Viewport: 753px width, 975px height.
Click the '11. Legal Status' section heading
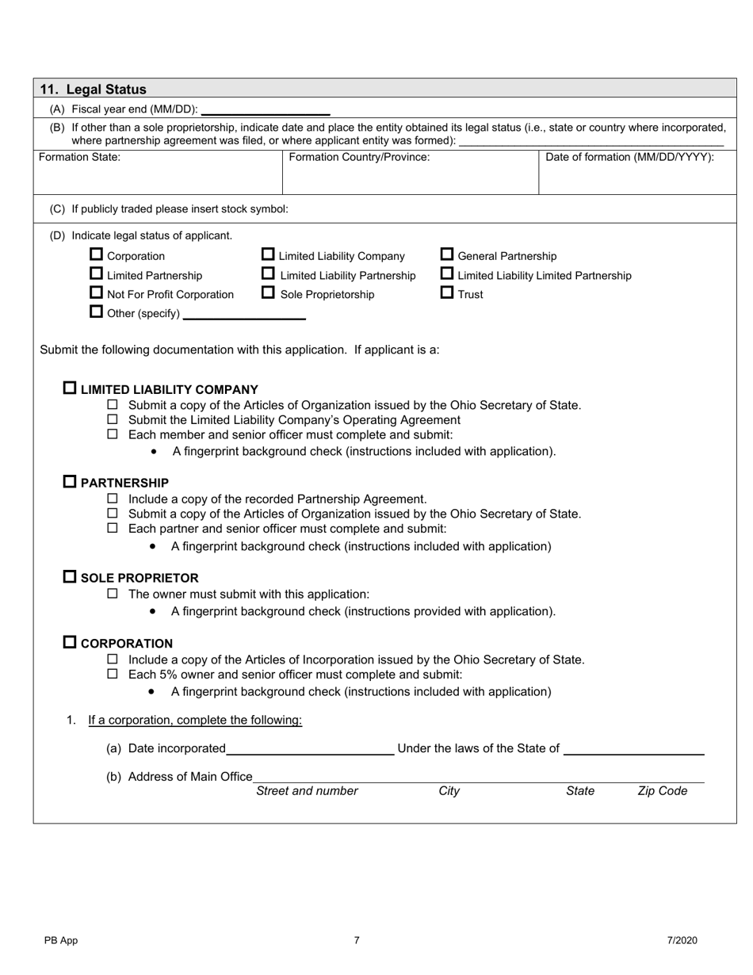pyautogui.click(x=93, y=90)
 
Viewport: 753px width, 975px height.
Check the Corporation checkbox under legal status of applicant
pyautogui.click(x=97, y=255)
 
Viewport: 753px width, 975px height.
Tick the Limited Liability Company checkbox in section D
pyautogui.click(x=269, y=255)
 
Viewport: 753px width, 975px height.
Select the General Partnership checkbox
pyautogui.click(x=447, y=255)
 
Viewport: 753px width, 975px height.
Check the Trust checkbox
pyautogui.click(x=447, y=293)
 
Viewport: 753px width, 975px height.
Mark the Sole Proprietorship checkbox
pyautogui.click(x=269, y=293)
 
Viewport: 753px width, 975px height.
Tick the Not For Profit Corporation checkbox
pyautogui.click(x=97, y=293)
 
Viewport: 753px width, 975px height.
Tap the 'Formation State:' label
pyautogui.click(x=80, y=157)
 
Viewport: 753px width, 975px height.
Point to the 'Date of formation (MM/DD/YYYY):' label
pyautogui.click(x=629, y=157)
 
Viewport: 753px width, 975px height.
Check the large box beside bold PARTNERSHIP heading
pyautogui.click(x=70, y=482)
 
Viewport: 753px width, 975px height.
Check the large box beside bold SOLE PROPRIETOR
pyautogui.click(x=70, y=577)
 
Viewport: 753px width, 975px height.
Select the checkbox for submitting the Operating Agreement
pyautogui.click(x=113, y=419)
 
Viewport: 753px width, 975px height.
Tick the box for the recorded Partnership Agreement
pyautogui.click(x=113, y=499)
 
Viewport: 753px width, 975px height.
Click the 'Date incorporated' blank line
pyautogui.click(x=309, y=750)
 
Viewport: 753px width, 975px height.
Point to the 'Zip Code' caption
pyautogui.click(x=662, y=791)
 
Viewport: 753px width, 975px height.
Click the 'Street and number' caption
pyautogui.click(x=307, y=791)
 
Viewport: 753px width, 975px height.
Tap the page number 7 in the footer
pyautogui.click(x=357, y=941)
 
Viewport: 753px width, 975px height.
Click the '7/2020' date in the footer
pyautogui.click(x=682, y=941)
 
